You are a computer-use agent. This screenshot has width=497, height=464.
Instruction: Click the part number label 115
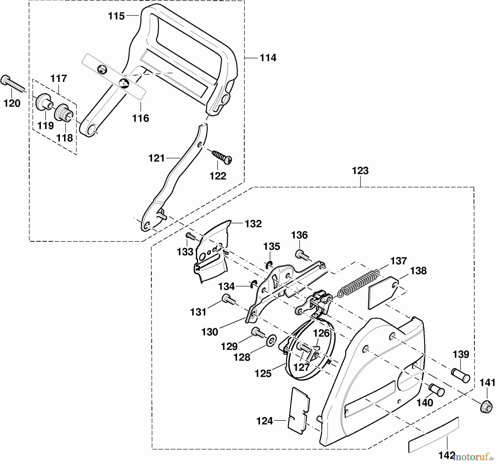click(x=116, y=16)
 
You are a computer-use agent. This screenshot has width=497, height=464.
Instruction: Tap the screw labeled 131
click(x=228, y=299)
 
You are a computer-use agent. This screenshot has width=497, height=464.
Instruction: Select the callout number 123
click(x=360, y=171)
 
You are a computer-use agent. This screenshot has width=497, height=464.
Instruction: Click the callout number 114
click(x=268, y=58)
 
